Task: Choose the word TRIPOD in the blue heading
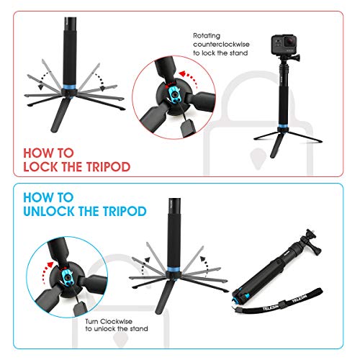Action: tap(124, 212)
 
